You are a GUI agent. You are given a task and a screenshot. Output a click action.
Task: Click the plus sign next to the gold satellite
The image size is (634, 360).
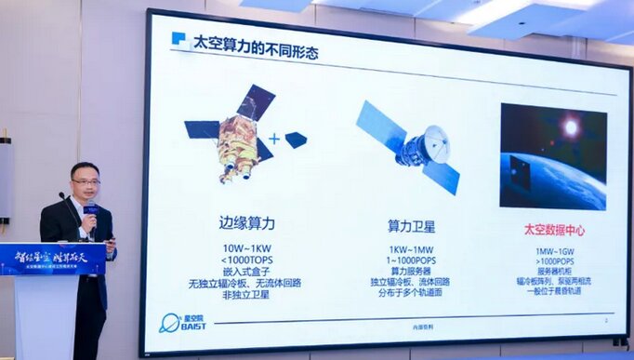274,140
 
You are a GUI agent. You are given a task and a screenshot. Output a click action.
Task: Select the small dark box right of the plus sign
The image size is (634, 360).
296,140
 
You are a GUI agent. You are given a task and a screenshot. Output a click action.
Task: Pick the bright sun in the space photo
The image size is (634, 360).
570,127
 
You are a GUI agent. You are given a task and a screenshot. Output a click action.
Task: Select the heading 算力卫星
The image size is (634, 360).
413,226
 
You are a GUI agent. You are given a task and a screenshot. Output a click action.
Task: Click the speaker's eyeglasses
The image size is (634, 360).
86,182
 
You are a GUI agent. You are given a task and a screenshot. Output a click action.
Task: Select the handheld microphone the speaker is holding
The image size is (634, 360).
90,215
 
